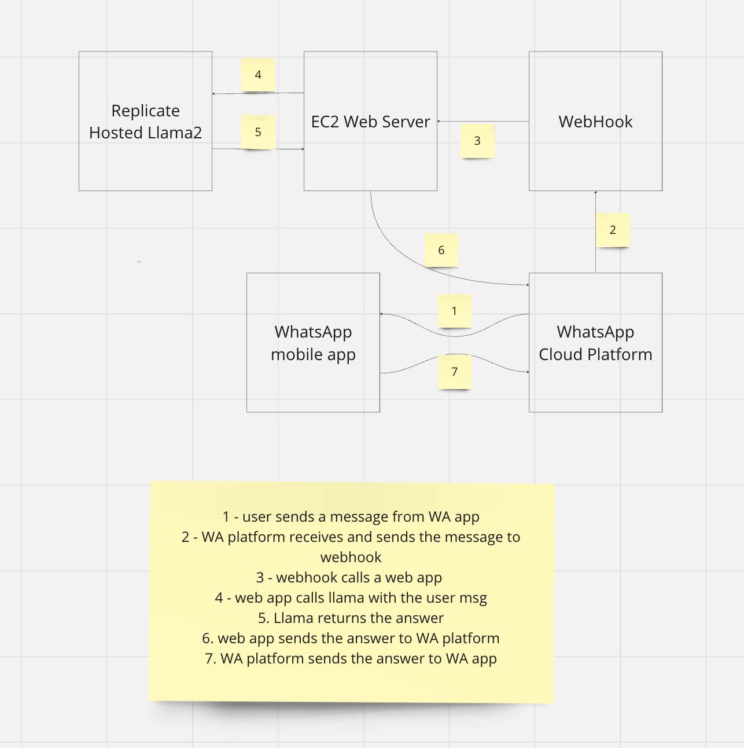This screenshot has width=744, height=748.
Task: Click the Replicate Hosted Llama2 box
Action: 145,121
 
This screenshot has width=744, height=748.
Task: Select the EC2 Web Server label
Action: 370,122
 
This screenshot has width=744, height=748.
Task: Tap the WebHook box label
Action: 595,122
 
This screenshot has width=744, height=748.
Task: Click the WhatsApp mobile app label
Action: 313,343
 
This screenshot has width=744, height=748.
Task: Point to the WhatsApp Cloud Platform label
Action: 595,343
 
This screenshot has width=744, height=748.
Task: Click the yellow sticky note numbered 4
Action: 258,75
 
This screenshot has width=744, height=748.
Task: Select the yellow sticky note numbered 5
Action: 258,132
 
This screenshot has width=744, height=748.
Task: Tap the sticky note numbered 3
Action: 477,141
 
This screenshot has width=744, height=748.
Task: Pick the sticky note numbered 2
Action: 613,230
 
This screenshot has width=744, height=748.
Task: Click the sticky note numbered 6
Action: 441,250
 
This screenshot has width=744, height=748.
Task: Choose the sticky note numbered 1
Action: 454,311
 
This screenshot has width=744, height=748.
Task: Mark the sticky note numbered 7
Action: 454,372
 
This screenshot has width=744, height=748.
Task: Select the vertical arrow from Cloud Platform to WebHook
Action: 595,255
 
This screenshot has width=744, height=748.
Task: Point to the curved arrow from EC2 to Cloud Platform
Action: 393,249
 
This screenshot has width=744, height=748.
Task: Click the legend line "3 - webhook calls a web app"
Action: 349,577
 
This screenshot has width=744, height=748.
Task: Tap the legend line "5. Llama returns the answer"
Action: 351,618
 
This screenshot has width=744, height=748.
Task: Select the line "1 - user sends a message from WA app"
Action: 351,516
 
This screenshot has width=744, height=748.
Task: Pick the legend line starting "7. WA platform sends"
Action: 351,658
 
